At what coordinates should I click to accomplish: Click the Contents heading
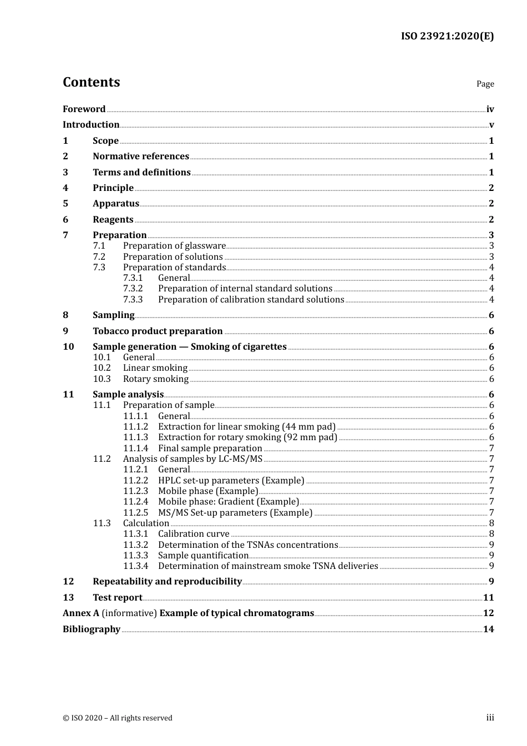[91, 82]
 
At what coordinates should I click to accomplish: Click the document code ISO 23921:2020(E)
[447, 36]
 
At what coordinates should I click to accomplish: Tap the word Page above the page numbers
[485, 84]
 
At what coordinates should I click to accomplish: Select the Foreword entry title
[84, 109]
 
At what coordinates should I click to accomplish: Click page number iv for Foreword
[490, 109]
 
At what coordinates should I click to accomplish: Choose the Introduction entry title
[91, 125]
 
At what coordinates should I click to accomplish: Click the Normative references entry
[141, 157]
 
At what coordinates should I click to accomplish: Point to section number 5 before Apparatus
[65, 204]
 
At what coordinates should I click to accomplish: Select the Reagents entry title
[113, 220]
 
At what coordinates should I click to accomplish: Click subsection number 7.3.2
[133, 289]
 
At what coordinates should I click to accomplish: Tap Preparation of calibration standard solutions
[251, 300]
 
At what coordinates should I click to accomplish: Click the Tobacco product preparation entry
[158, 331]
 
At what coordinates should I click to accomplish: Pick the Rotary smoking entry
[156, 379]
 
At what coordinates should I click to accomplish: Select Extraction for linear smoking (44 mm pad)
[247, 427]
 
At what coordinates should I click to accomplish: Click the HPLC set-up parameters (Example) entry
[231, 481]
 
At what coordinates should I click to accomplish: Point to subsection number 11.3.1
[135, 534]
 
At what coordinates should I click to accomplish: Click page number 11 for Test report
[488, 598]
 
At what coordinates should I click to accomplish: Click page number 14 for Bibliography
[488, 629]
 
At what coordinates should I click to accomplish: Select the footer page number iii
[490, 718]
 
